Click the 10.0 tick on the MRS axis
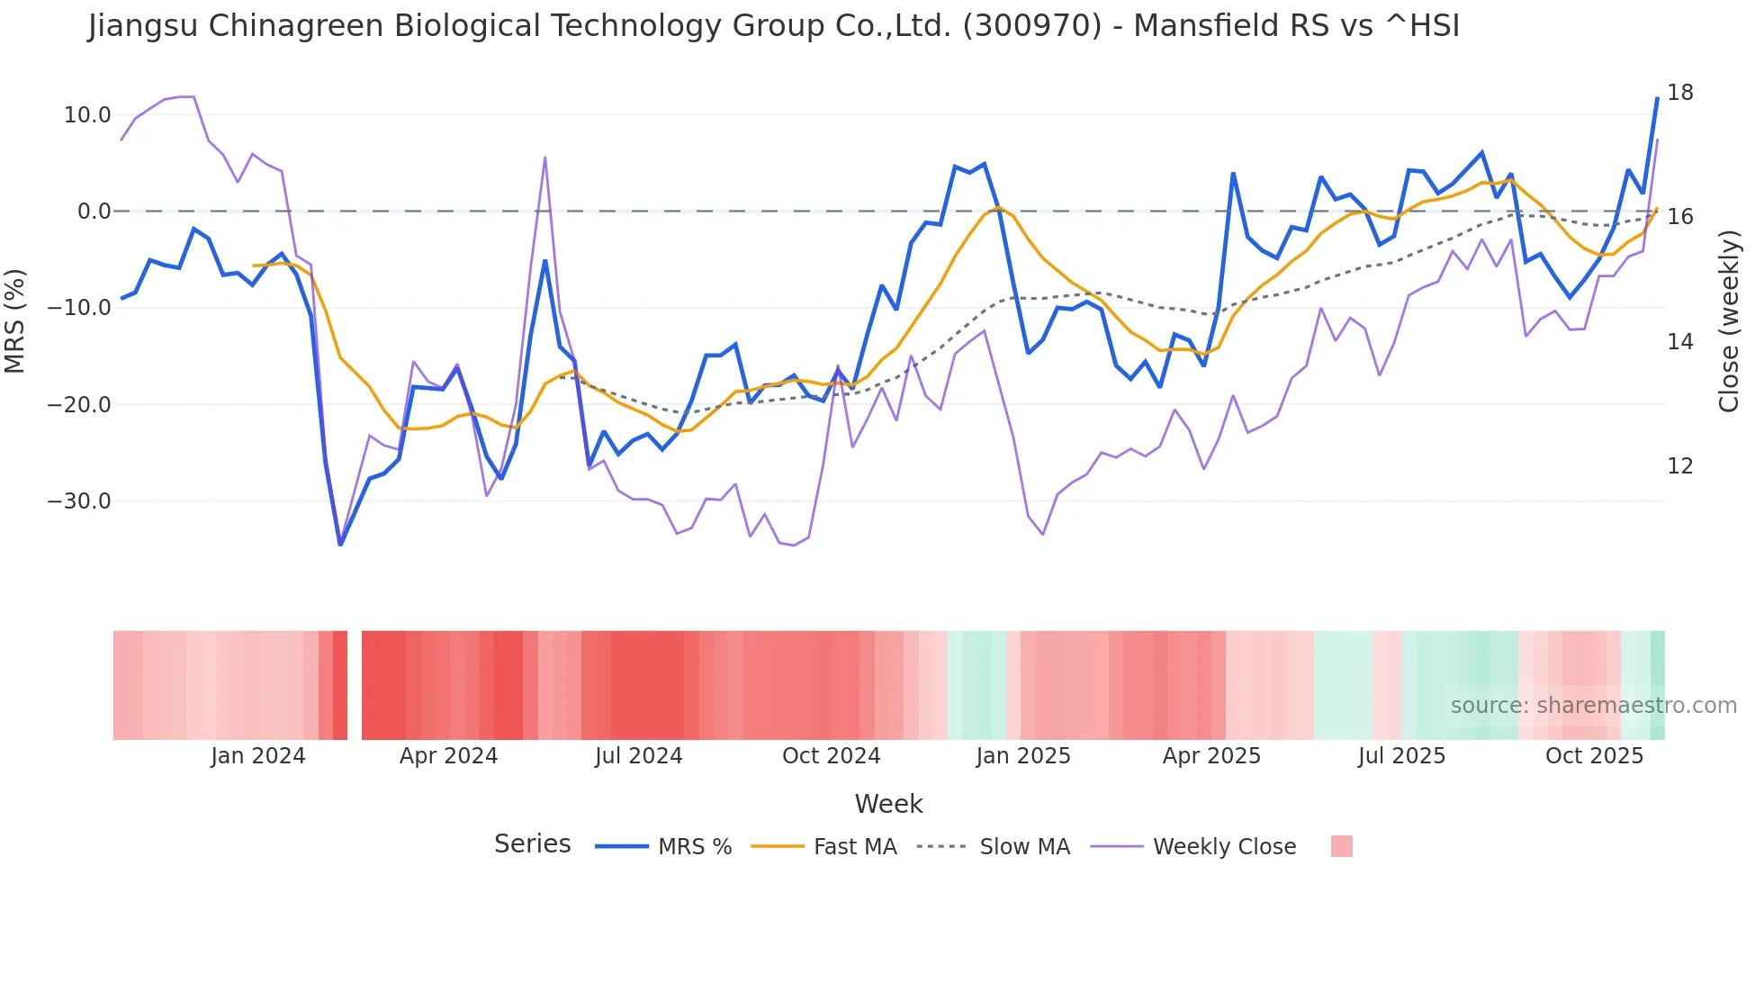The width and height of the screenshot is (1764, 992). pos(87,115)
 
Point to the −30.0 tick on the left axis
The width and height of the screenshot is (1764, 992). pos(79,501)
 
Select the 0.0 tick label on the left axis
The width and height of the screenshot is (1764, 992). pos(94,212)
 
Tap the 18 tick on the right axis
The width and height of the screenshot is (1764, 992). pos(1679,93)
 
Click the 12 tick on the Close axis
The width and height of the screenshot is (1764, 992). pos(1679,466)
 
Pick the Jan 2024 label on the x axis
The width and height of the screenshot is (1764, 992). pos(258,756)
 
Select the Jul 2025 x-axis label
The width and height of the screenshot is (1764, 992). pos(1401,756)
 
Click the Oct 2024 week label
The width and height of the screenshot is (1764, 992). pos(831,756)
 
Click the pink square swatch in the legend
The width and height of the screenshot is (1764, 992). pos(1341,846)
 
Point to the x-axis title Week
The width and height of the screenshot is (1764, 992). pos(888,804)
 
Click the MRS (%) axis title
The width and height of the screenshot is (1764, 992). pos(14,320)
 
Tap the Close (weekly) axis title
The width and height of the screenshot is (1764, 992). pos(1728,320)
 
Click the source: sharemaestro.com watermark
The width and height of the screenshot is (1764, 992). pos(1593,706)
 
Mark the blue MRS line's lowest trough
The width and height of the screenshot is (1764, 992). pos(340,544)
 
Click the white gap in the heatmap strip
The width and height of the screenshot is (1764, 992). pos(355,685)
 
